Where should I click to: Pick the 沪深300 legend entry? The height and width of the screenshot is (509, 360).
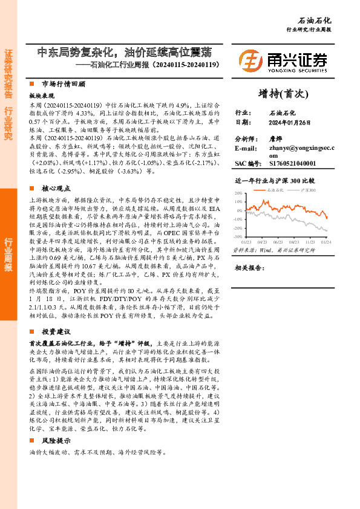(309, 190)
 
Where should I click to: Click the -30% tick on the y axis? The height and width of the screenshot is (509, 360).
(238, 237)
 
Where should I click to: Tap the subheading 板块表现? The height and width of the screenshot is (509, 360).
(41, 96)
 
